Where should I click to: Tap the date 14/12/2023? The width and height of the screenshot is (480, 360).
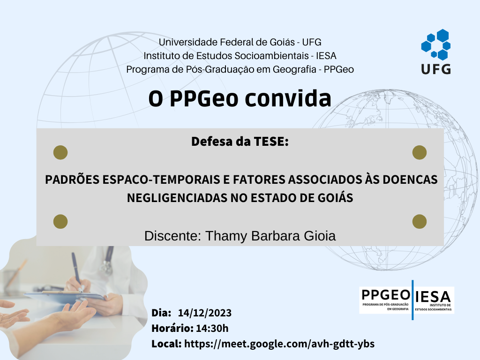(204, 313)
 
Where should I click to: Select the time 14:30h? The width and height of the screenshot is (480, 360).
(212, 328)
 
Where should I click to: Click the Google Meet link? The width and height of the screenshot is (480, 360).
(279, 344)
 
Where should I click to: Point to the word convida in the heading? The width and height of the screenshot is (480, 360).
(288, 98)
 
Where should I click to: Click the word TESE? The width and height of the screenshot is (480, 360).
(271, 142)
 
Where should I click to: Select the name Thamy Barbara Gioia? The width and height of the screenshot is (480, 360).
(270, 236)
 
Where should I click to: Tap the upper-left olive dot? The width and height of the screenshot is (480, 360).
(60, 152)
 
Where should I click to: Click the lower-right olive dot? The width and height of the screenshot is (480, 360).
(420, 222)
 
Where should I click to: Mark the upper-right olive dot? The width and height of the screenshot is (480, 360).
(420, 152)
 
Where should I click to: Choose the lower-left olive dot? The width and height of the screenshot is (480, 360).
(60, 222)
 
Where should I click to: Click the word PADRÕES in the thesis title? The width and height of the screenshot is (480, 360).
(72, 179)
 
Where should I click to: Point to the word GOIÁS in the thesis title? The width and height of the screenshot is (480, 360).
(335, 197)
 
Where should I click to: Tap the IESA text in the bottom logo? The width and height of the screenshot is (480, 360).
(433, 297)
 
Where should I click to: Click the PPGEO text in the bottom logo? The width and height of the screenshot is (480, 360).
(386, 295)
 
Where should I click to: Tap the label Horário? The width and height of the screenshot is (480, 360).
(172, 328)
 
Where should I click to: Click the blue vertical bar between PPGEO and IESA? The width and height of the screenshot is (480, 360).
(412, 300)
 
